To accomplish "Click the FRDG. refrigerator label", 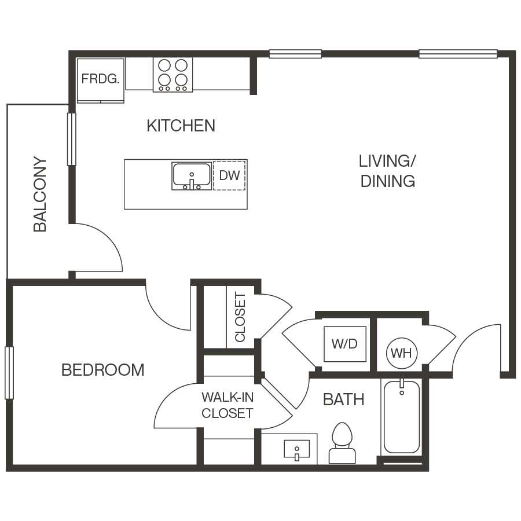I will pyautogui.click(x=101, y=79).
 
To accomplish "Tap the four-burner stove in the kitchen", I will pyautogui.click(x=173, y=74).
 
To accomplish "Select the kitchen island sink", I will pyautogui.click(x=191, y=176).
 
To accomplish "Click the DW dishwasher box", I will pyautogui.click(x=230, y=175).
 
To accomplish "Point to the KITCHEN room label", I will pyautogui.click(x=181, y=126).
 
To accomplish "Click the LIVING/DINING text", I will pyautogui.click(x=388, y=171).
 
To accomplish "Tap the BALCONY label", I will pyautogui.click(x=40, y=194).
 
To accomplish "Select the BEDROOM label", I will pyautogui.click(x=102, y=370).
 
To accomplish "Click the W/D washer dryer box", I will pyautogui.click(x=344, y=344).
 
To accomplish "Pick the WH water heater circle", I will pyautogui.click(x=401, y=353).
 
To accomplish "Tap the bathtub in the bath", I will pyautogui.click(x=401, y=417).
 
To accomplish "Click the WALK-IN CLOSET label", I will pyautogui.click(x=227, y=405).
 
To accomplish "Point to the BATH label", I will pyautogui.click(x=343, y=399).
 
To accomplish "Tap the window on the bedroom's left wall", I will pyautogui.click(x=9, y=373).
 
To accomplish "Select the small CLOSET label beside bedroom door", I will pyautogui.click(x=240, y=317).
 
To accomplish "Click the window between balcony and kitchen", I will pyautogui.click(x=72, y=139).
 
